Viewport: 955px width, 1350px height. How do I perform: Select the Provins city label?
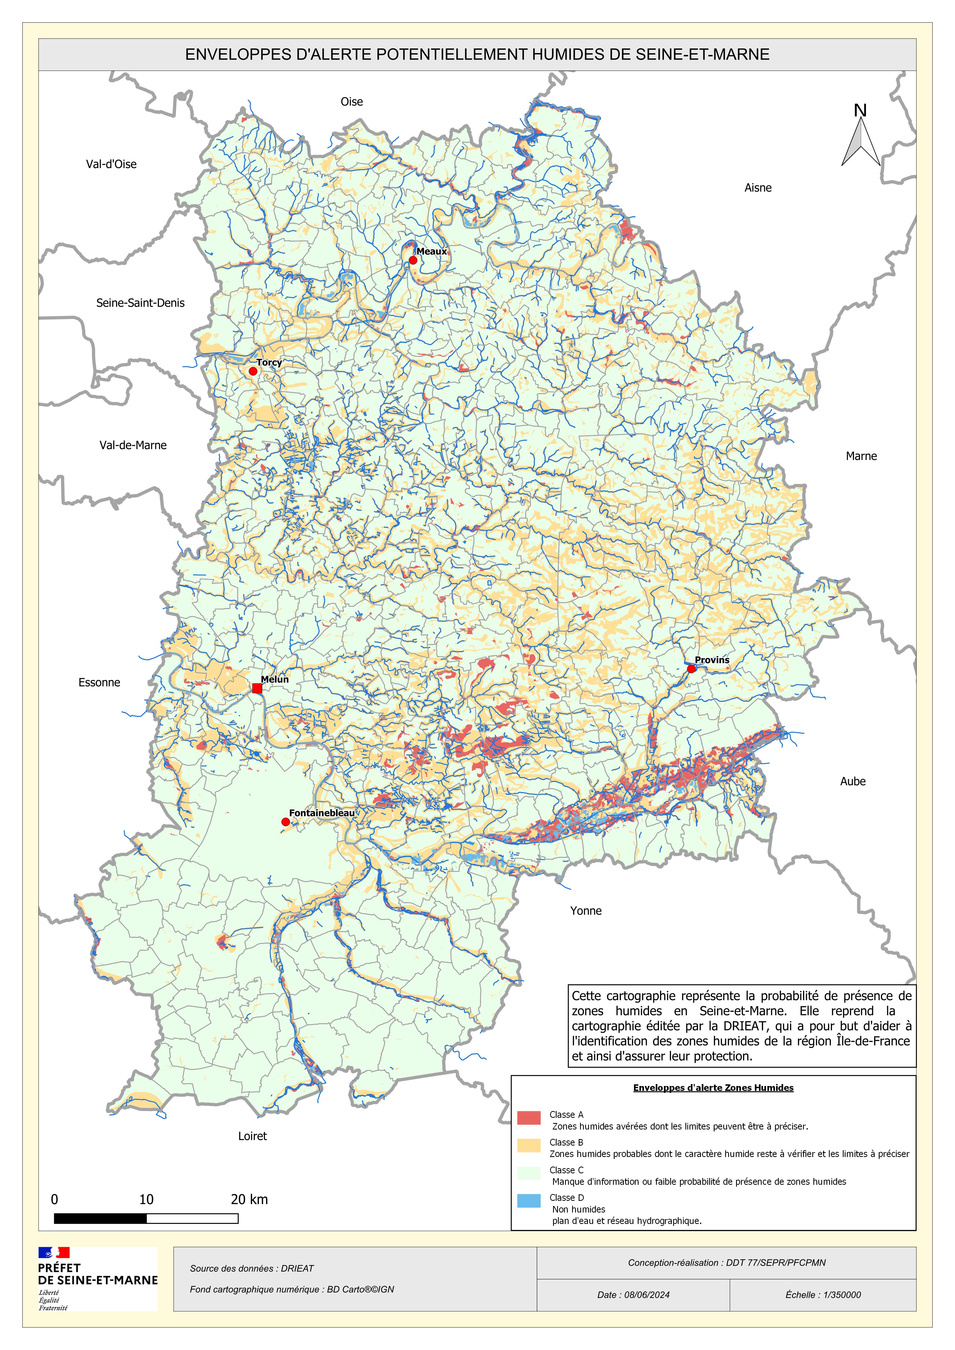pyautogui.click(x=712, y=660)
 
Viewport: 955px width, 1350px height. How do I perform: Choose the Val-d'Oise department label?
pyautogui.click(x=111, y=164)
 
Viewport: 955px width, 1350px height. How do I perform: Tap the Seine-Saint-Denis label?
pyautogui.click(x=141, y=303)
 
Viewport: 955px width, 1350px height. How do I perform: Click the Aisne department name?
pyautogui.click(x=758, y=188)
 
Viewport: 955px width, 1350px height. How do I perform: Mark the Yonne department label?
pyautogui.click(x=586, y=911)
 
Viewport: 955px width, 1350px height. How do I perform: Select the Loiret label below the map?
pyautogui.click(x=252, y=1136)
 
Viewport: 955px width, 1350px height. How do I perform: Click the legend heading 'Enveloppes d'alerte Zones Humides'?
pyautogui.click(x=713, y=1088)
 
